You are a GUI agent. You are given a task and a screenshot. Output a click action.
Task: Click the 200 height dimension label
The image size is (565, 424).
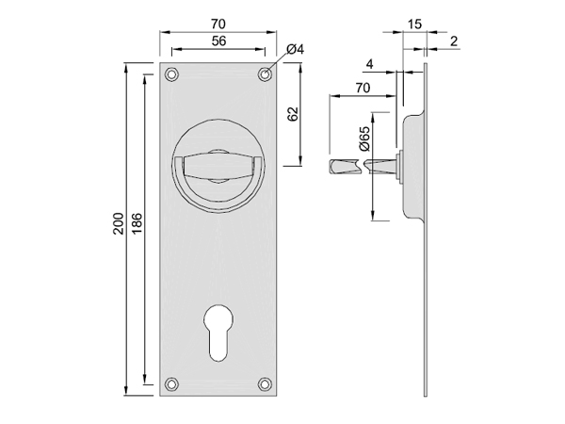(119, 223)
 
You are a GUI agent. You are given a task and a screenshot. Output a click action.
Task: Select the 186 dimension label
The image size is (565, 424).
(137, 223)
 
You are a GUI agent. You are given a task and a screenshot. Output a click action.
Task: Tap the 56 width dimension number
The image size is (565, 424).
(218, 41)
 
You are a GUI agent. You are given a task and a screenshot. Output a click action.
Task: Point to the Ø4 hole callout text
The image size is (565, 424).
(295, 49)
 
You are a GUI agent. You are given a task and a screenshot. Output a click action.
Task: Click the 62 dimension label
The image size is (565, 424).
(294, 114)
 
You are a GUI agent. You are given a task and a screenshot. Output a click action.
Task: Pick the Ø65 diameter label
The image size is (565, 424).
(364, 139)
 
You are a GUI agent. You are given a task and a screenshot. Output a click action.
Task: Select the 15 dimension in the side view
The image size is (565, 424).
(414, 24)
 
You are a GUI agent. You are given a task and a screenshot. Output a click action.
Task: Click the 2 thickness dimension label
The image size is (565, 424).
(454, 41)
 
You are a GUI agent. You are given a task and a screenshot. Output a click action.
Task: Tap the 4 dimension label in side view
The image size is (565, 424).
(370, 64)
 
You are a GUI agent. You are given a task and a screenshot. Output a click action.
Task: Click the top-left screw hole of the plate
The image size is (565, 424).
(172, 74)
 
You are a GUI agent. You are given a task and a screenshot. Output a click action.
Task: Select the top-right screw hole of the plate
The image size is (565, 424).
(265, 74)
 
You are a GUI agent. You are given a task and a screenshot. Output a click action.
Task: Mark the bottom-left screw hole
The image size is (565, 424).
(172, 384)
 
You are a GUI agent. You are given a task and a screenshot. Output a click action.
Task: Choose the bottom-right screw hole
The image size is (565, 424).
(265, 384)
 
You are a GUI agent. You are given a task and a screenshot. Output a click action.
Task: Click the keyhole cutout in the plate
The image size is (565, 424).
(218, 333)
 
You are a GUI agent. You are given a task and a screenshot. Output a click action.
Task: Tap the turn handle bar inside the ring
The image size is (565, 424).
(218, 167)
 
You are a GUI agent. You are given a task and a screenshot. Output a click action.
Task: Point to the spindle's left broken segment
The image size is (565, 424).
(345, 167)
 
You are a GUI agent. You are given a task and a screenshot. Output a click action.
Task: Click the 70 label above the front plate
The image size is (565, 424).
(218, 24)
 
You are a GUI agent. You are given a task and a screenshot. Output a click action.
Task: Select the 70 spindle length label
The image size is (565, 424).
(363, 88)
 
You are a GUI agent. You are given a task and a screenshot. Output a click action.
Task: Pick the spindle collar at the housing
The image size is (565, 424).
(398, 167)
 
